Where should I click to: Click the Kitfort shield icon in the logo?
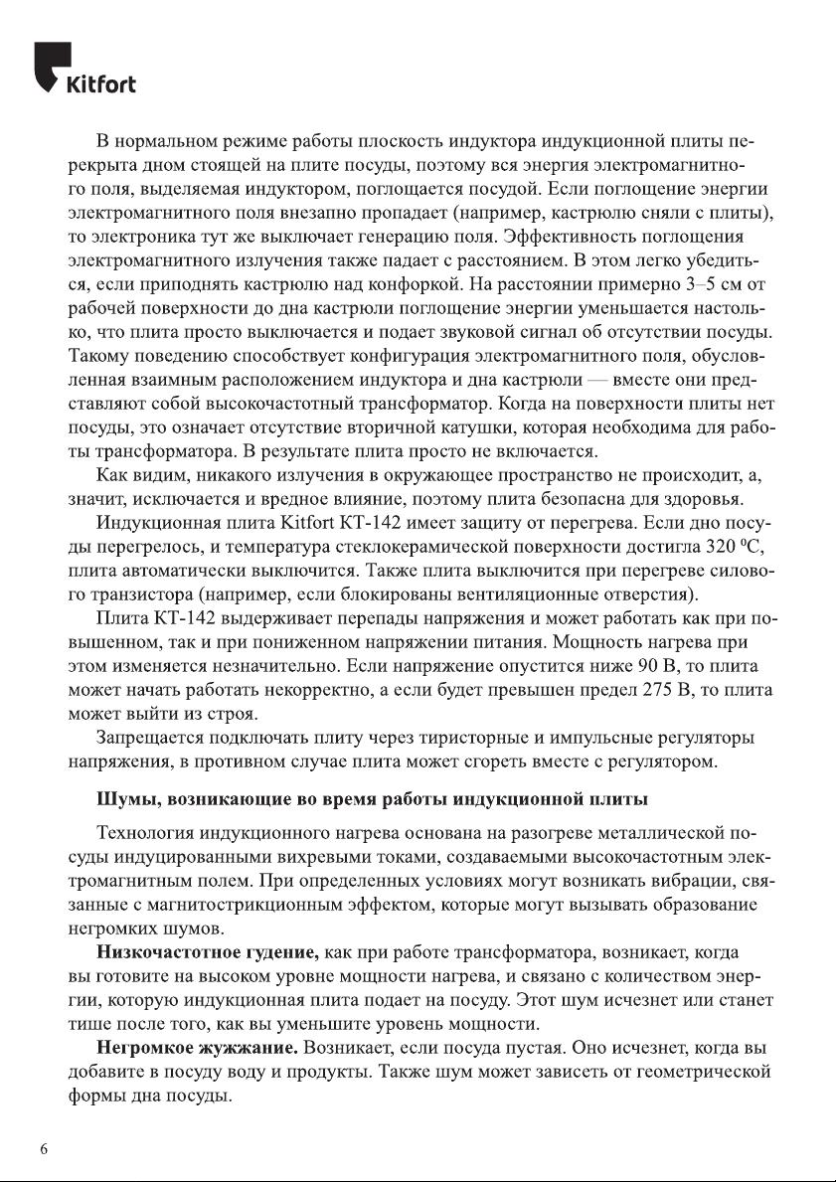click(51, 66)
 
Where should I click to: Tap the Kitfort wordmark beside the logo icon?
click(100, 84)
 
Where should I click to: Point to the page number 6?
click(44, 1149)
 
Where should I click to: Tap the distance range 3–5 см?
click(698, 286)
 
